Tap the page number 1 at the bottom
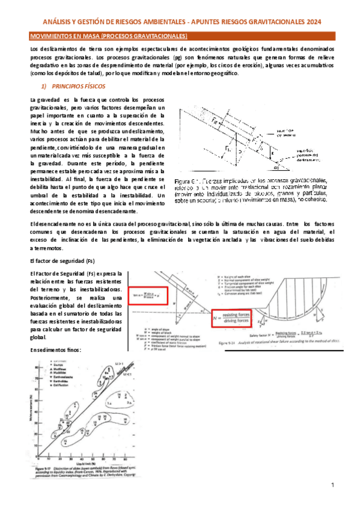tap(332, 485)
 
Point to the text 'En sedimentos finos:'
tap(58, 350)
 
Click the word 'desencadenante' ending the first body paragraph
tap(123, 201)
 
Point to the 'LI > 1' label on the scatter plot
tap(118, 364)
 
